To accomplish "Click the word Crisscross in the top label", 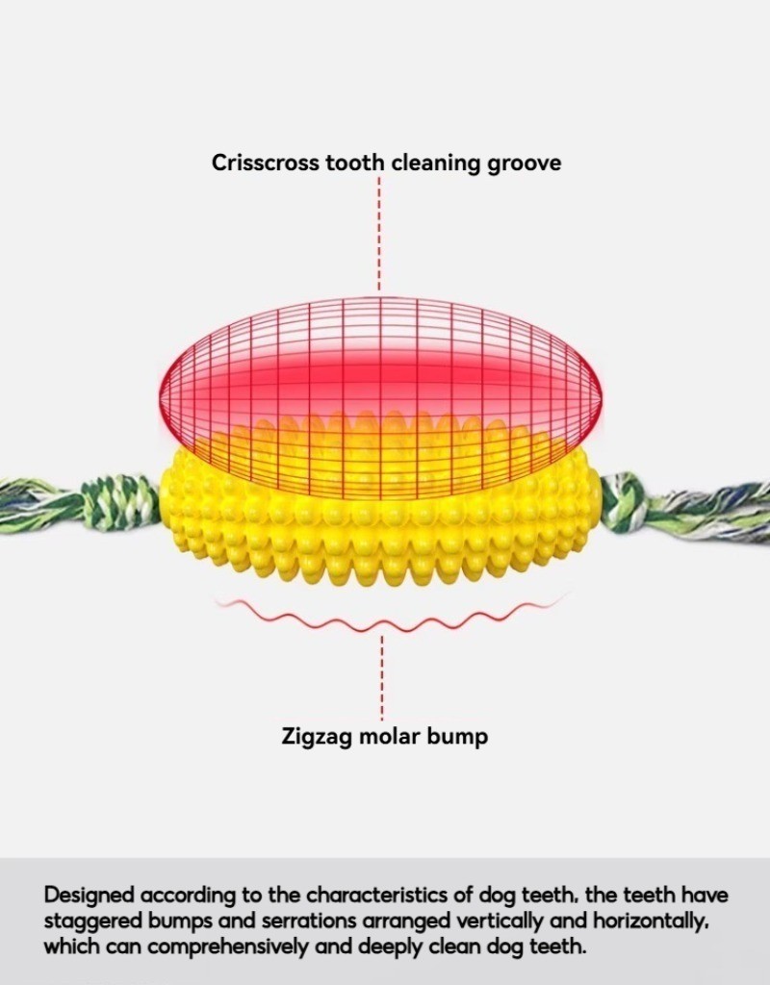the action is pyautogui.click(x=266, y=162).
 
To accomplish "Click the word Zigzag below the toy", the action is pyautogui.click(x=318, y=736).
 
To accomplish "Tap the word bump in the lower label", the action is pyautogui.click(x=457, y=736).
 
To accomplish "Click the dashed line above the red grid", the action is pyautogui.click(x=379, y=233).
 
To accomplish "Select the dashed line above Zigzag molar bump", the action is pyautogui.click(x=381, y=678).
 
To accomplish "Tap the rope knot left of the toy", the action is pyautogui.click(x=122, y=502).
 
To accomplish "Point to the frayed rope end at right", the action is pyautogui.click(x=716, y=510).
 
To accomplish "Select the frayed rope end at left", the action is pyautogui.click(x=40, y=506).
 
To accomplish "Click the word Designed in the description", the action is pyautogui.click(x=89, y=896).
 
